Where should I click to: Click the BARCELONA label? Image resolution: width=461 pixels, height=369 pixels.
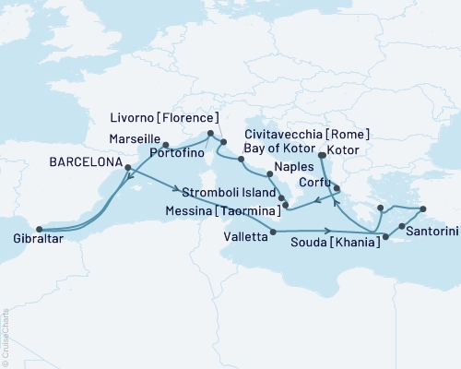pos(82,161)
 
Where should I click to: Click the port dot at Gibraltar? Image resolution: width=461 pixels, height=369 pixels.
pos(39,230)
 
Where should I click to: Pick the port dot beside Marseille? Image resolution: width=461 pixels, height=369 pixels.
pos(166,145)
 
